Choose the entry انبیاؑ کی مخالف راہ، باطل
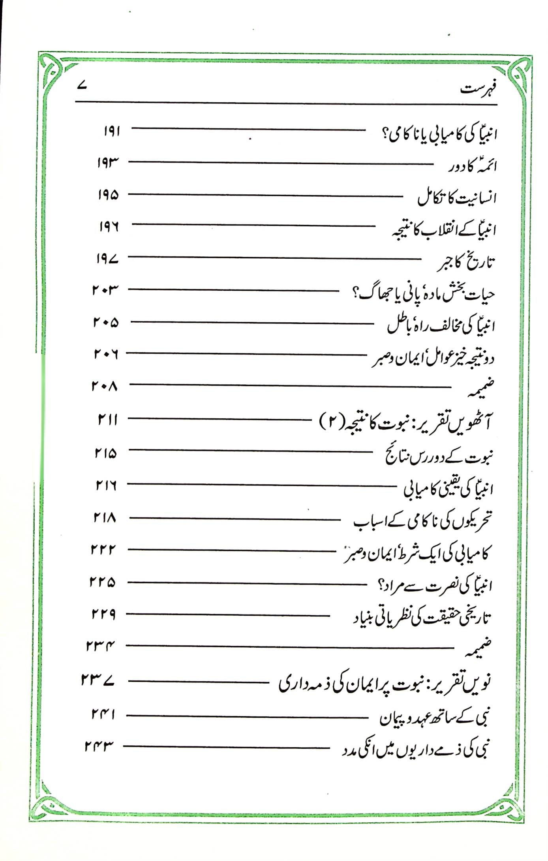tap(440, 326)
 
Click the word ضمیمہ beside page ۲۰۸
tap(480, 388)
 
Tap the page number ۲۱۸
tap(105, 517)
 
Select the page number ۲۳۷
tap(98, 680)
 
